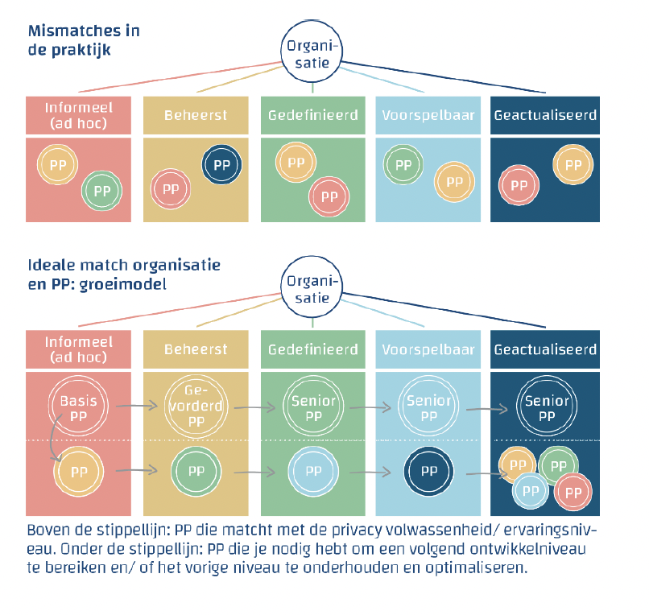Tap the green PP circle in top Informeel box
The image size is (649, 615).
[101, 191]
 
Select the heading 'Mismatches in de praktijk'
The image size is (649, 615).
[84, 40]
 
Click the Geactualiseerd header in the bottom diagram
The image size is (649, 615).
[545, 349]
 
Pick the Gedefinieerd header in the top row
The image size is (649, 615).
[312, 115]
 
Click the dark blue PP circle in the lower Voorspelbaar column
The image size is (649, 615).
[428, 471]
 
